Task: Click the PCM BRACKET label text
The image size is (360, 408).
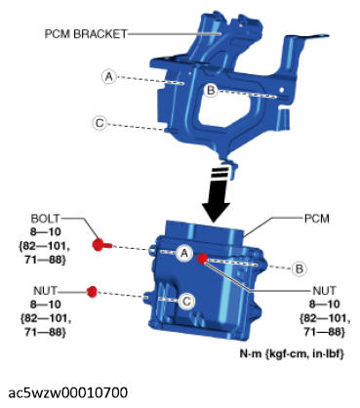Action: [86, 34]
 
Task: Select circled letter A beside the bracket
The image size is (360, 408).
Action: [109, 77]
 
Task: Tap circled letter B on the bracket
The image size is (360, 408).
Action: [211, 90]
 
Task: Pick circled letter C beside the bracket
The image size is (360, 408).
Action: [100, 123]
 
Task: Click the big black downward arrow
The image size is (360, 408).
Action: [216, 194]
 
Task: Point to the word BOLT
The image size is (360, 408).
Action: [46, 218]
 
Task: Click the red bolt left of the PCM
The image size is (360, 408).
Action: [101, 245]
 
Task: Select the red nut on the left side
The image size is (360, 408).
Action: [93, 292]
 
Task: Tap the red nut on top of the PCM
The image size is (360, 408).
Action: [202, 259]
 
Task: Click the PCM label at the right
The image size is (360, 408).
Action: [316, 219]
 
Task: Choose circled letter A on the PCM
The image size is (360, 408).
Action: [184, 253]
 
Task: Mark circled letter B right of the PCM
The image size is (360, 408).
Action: [299, 268]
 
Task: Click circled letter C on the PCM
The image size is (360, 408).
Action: [186, 301]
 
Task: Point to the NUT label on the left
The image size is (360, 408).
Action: [45, 290]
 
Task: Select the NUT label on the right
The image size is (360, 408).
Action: [324, 290]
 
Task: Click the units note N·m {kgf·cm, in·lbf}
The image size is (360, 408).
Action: [292, 353]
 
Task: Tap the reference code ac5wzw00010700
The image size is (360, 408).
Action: [68, 393]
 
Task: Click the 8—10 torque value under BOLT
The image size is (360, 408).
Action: [46, 231]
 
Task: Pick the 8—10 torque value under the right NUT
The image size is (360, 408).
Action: [324, 305]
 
